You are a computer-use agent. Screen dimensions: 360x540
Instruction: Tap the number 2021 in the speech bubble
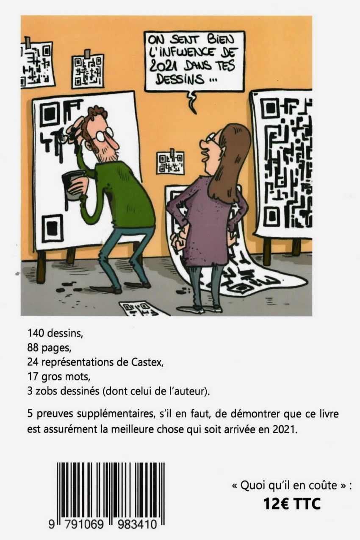pos(162,66)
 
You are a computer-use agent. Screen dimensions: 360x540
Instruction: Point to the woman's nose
pos(203,145)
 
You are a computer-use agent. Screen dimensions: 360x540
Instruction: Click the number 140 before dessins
pos(36,333)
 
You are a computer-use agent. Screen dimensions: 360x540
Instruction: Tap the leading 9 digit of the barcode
pos(52,523)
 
